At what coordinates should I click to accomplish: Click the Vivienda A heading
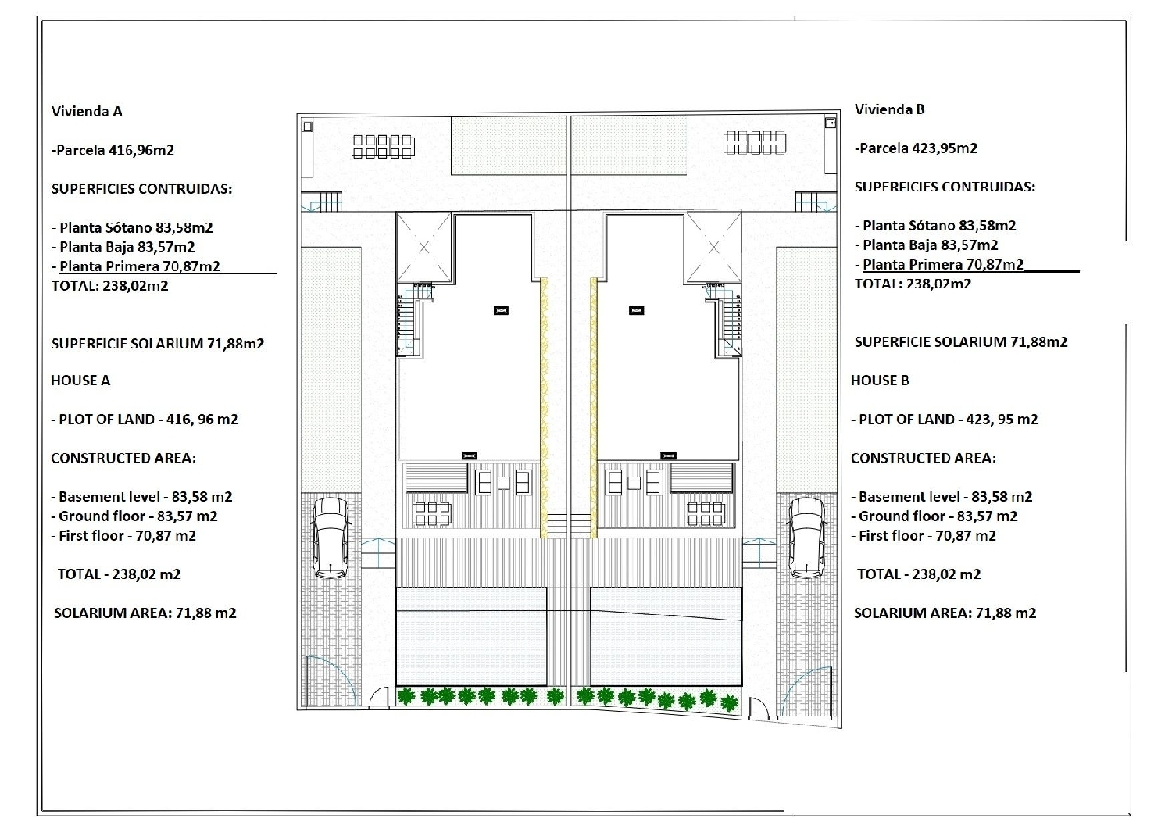click(87, 112)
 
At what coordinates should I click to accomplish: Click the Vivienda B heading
click(889, 109)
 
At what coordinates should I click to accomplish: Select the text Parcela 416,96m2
click(115, 150)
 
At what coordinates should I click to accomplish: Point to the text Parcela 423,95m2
click(918, 148)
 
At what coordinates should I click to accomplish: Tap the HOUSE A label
click(80, 381)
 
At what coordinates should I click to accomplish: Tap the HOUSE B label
click(880, 381)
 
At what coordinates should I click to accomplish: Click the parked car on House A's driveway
click(331, 538)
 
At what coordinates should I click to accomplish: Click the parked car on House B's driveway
click(807, 538)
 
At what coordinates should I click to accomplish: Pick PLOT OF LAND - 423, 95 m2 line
click(945, 420)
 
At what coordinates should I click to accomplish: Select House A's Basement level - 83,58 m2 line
click(141, 497)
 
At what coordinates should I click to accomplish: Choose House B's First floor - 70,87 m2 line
click(924, 536)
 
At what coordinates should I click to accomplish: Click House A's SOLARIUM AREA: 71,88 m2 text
click(145, 613)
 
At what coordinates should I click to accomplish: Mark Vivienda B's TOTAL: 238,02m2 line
click(913, 284)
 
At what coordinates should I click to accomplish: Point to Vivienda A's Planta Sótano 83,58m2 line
click(132, 227)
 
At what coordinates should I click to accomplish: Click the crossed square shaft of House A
click(423, 248)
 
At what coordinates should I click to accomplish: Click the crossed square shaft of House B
click(713, 248)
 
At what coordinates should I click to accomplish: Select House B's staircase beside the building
click(724, 320)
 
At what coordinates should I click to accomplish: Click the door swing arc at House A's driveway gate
click(331, 681)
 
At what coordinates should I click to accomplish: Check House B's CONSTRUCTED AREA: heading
click(924, 458)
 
